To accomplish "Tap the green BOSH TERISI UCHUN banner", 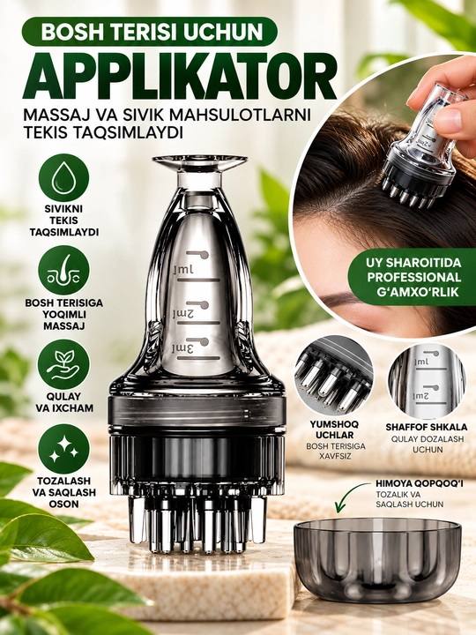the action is [x=150, y=32].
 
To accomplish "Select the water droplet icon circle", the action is [x=63, y=178].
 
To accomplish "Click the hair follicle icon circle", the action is [x=63, y=270].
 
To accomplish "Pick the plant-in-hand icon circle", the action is [x=63, y=364].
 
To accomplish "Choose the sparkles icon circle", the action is [x=63, y=449].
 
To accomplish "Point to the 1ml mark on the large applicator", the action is [x=183, y=270].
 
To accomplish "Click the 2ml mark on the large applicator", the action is [x=183, y=313].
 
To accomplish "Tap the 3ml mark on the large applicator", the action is [x=183, y=347].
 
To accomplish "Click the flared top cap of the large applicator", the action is [x=199, y=163].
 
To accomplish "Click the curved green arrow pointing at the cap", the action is [x=349, y=494].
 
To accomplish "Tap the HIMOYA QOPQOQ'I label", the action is [x=419, y=483].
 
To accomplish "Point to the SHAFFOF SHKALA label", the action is [x=427, y=427].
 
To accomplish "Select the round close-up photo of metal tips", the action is [x=334, y=375].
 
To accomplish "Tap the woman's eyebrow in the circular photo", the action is [x=340, y=299].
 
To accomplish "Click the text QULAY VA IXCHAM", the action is [x=64, y=402].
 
